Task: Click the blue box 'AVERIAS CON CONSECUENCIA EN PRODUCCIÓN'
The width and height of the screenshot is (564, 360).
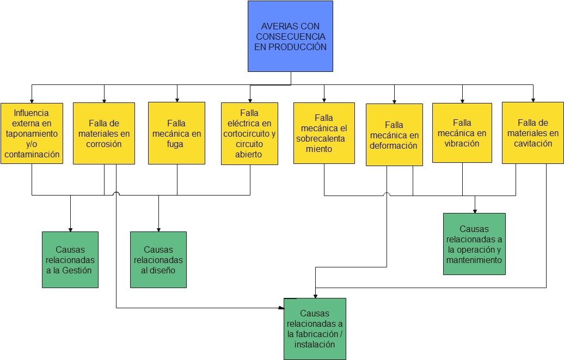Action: click(290, 36)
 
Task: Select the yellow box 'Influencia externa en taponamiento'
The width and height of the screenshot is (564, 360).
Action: click(32, 133)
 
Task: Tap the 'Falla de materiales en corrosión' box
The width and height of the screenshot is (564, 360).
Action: click(103, 133)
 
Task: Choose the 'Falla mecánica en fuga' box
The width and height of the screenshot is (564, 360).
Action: click(176, 133)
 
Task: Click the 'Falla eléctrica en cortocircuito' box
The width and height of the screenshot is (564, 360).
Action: click(249, 133)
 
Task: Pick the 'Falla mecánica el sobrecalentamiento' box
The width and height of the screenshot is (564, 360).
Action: click(323, 133)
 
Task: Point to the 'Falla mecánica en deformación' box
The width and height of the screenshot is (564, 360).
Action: click(394, 135)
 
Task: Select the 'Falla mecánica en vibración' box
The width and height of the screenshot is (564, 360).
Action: click(462, 133)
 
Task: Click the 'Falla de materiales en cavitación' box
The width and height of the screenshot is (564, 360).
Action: click(532, 133)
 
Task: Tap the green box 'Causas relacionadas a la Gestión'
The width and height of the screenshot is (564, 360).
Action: click(70, 260)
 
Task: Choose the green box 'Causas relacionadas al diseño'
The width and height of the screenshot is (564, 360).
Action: click(158, 260)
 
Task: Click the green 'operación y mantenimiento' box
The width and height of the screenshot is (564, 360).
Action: click(474, 244)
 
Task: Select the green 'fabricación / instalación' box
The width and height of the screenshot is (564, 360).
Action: click(315, 328)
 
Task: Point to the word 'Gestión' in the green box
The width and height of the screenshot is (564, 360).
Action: click(77, 270)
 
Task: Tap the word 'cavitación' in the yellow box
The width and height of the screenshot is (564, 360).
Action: click(532, 144)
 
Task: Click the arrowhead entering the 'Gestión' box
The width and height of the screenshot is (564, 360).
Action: click(70, 229)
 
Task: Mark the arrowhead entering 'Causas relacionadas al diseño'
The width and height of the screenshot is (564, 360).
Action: click(158, 229)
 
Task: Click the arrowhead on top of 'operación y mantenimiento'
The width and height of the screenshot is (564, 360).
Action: click(475, 211)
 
